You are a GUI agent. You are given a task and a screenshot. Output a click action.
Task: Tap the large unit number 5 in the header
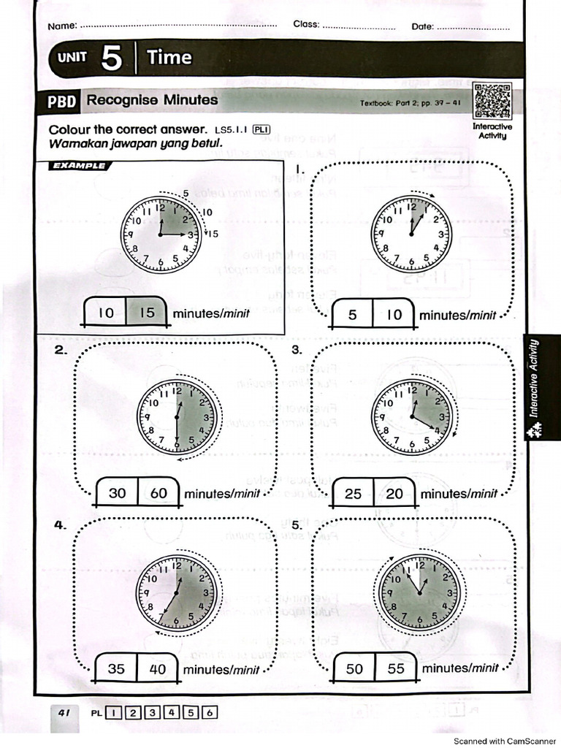coord(111,58)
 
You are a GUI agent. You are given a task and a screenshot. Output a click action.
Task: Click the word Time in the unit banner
coord(169,58)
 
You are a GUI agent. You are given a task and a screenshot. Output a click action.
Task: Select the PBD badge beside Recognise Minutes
coord(62,101)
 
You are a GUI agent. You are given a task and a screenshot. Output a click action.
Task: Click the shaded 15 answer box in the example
coord(148,313)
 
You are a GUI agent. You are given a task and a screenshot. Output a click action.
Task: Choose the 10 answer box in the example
coord(106,313)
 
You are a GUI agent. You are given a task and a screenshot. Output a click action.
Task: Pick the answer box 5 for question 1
coord(353,316)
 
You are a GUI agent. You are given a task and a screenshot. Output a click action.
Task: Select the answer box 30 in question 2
coord(117,493)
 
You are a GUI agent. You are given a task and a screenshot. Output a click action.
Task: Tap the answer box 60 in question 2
coord(159,493)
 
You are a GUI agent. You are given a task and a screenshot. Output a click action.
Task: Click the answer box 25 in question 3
coord(353,494)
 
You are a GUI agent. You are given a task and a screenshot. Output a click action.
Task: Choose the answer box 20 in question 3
coord(394,494)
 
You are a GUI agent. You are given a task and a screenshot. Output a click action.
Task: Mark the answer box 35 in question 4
coord(116,668)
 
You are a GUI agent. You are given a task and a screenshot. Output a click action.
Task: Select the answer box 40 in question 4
coord(158,668)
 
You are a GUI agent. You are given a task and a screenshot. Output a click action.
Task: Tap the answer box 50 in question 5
coord(354,668)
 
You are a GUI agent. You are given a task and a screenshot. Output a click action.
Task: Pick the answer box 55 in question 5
coord(396,668)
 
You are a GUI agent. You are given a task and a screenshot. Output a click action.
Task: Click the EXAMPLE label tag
coord(78,166)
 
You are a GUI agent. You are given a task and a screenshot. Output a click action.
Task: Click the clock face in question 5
coord(419,590)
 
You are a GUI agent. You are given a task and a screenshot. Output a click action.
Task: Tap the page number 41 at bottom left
coord(64,712)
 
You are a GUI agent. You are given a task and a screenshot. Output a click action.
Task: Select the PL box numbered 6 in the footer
coord(209,713)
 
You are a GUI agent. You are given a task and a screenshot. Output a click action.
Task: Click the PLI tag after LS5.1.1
coord(261,130)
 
